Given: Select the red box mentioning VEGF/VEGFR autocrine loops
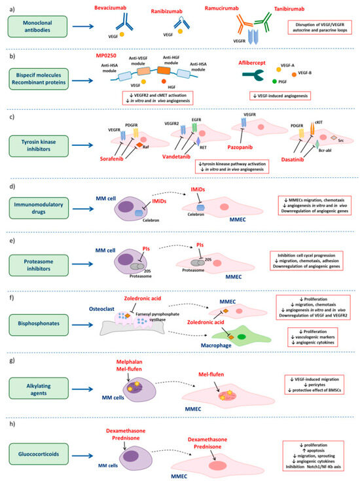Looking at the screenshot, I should coord(320,27).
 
